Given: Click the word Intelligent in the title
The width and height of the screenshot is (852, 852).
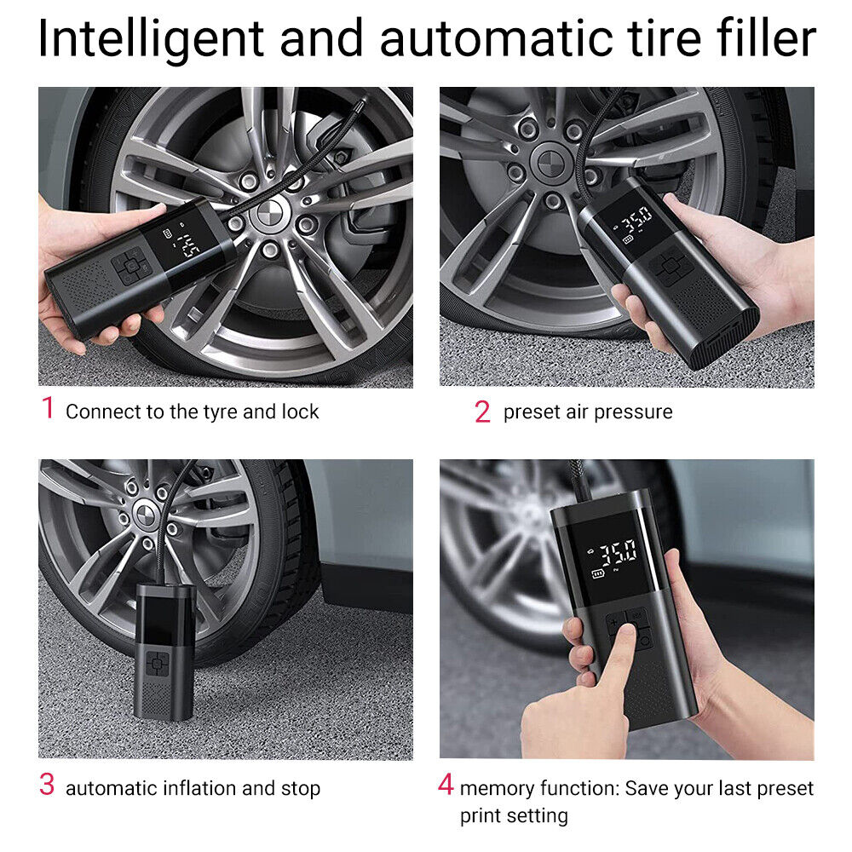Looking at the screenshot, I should (148, 38).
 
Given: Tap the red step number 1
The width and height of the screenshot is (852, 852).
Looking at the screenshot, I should (48, 408).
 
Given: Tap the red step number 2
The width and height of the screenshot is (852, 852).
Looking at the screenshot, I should (482, 412).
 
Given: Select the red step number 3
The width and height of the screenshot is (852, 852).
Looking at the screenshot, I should (48, 785).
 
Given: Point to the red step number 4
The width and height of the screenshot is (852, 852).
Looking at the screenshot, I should (446, 785).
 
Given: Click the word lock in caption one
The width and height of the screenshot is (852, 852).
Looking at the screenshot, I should (300, 412).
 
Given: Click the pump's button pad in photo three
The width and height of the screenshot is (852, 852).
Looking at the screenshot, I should (157, 663).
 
